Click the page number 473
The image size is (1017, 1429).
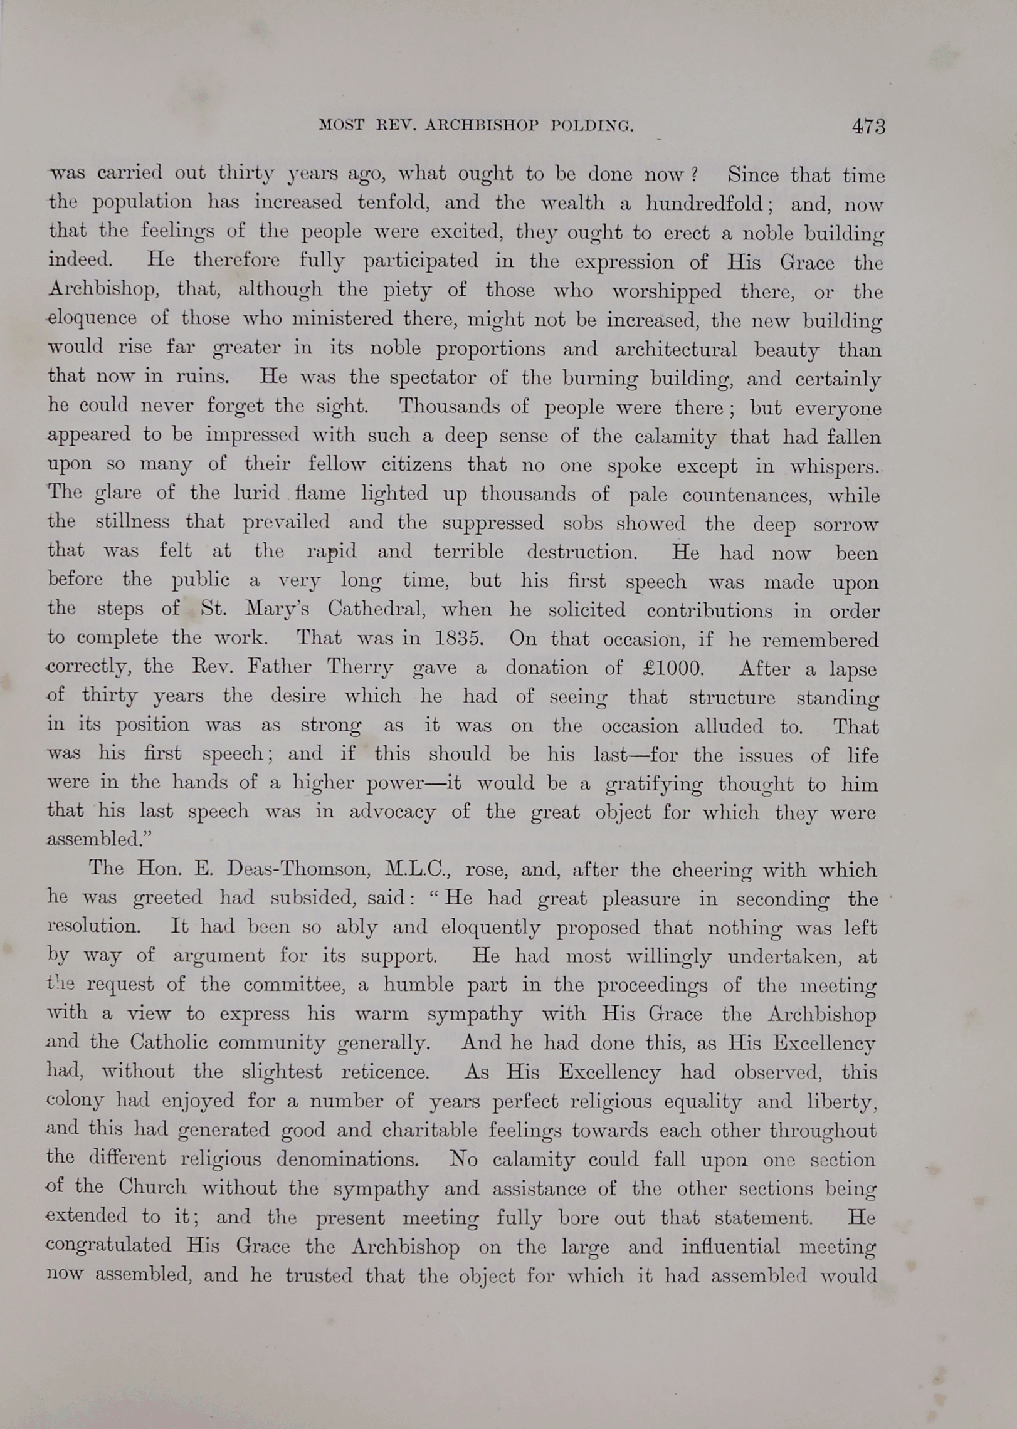[868, 127]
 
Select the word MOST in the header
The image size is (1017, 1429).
[341, 125]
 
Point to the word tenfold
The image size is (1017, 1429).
[393, 202]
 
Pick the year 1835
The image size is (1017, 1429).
[459, 639]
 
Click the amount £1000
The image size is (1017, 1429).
[673, 667]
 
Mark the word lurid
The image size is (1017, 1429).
[256, 493]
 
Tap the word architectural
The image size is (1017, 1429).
[675, 349]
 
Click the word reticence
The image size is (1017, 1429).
[385, 1072]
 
